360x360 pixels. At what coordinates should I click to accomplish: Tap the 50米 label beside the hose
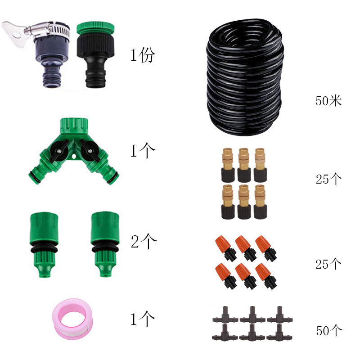pyautogui.click(x=328, y=100)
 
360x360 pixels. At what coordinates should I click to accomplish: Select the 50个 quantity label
pyautogui.click(x=328, y=331)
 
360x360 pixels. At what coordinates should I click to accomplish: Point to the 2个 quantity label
pyautogui.click(x=144, y=242)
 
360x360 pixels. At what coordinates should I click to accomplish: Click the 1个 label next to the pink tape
pyautogui.click(x=143, y=319)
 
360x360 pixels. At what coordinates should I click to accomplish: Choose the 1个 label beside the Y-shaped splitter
pyautogui.click(x=143, y=151)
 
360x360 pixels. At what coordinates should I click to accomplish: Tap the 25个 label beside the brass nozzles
pyautogui.click(x=328, y=179)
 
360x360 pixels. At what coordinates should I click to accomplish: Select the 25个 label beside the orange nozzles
pyautogui.click(x=328, y=264)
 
